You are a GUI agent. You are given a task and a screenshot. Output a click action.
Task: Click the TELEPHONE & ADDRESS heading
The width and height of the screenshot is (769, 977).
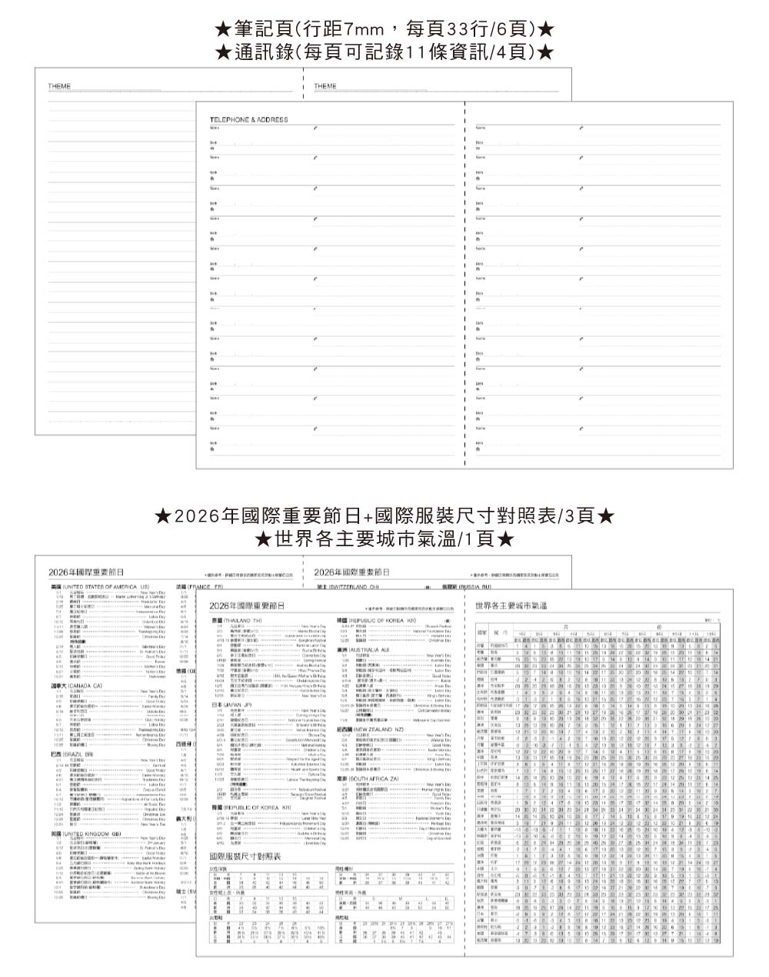pos(248,120)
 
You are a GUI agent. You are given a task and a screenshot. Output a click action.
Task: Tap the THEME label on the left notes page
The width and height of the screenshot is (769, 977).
pos(58,86)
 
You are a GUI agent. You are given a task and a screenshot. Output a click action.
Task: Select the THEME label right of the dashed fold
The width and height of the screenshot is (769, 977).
pos(325,86)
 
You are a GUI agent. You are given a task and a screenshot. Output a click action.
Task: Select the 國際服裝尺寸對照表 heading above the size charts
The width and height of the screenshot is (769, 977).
pos(245,856)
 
